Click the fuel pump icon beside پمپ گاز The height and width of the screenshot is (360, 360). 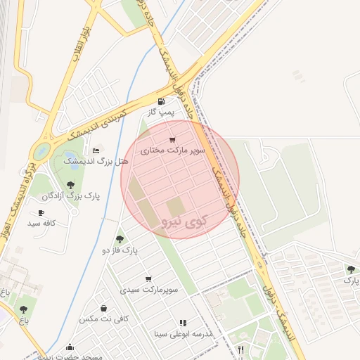click(x=162, y=101)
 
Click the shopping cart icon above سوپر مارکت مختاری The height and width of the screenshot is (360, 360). click(x=172, y=139)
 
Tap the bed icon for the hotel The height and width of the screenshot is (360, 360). click(x=96, y=150)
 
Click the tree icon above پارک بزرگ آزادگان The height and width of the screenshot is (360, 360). click(x=70, y=185)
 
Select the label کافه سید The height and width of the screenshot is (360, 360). click(x=41, y=223)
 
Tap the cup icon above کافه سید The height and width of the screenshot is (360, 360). click(x=41, y=212)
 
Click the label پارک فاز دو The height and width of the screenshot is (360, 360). click(x=120, y=250)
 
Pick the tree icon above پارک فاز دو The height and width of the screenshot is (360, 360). click(x=120, y=238)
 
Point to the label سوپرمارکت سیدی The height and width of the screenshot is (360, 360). click(x=148, y=290)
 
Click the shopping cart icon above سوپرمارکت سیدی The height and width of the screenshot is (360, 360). click(x=148, y=278)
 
